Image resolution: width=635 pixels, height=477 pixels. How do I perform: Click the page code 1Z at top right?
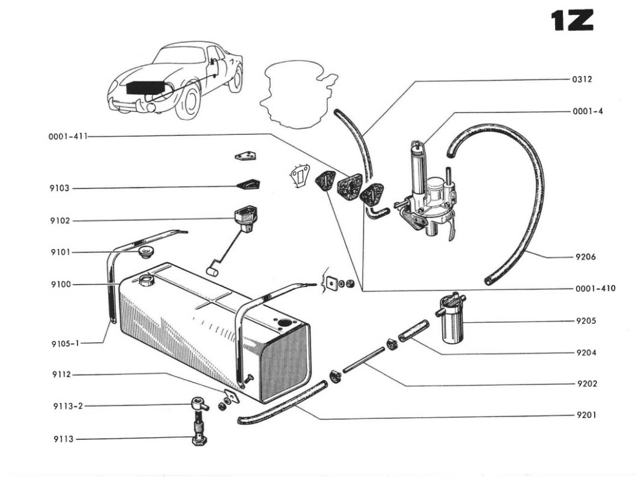click(572, 20)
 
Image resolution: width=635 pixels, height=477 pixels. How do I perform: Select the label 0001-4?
click(587, 112)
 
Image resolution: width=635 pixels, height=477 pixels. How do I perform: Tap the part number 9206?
click(585, 257)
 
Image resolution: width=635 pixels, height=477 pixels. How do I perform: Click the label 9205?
click(585, 321)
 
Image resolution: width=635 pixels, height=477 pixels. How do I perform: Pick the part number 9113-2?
click(68, 406)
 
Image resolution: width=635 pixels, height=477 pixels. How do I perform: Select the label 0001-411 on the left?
click(68, 137)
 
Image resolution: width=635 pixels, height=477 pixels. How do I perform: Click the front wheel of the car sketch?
click(188, 102)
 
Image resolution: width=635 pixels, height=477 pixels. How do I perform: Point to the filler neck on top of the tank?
click(148, 280)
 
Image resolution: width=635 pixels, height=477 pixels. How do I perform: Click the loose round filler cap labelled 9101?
click(146, 252)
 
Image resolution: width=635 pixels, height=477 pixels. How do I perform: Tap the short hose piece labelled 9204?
click(414, 330)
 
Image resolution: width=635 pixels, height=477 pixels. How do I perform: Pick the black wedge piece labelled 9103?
click(248, 184)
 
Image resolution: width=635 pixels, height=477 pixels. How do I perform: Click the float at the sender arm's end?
click(210, 271)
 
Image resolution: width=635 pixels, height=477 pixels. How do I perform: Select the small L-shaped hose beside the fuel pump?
click(376, 212)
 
